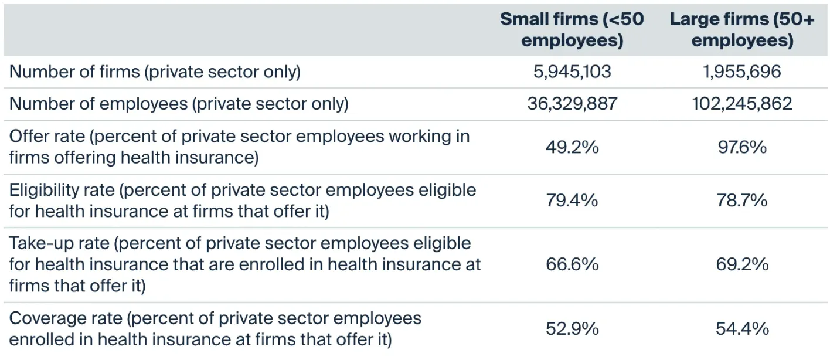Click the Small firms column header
pyautogui.click(x=572, y=30)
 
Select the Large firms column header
pyautogui.click(x=742, y=30)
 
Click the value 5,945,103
pyautogui.click(x=572, y=72)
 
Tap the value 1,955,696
pyautogui.click(x=742, y=72)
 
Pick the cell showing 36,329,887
pyautogui.click(x=572, y=104)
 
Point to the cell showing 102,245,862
pyautogui.click(x=742, y=104)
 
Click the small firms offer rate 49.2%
pyautogui.click(x=572, y=147)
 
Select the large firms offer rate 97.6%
pyautogui.click(x=742, y=147)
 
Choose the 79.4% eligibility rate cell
pyautogui.click(x=572, y=201)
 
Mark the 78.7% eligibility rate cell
pyautogui.click(x=742, y=201)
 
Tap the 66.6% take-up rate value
pyautogui.click(x=572, y=264)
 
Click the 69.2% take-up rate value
pyautogui.click(x=742, y=264)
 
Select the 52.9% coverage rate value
pyautogui.click(x=572, y=329)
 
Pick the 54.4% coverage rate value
pyautogui.click(x=742, y=329)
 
